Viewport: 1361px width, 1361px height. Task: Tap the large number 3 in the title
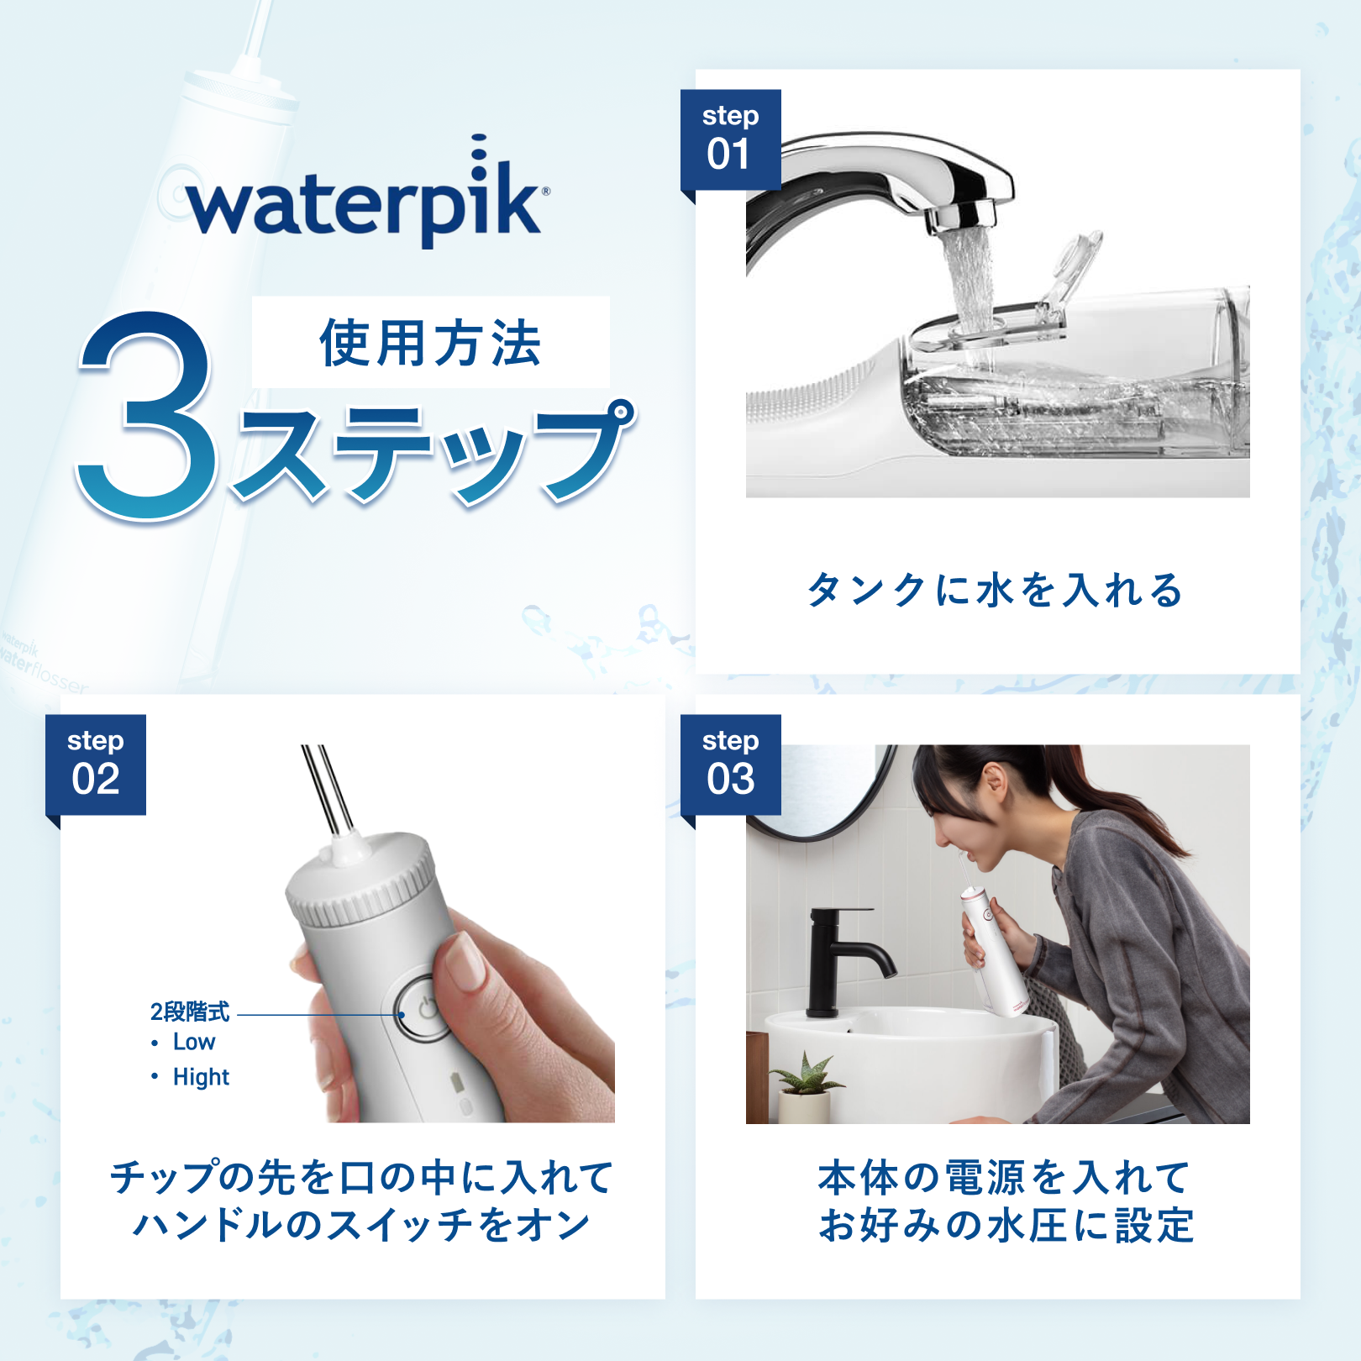(147, 416)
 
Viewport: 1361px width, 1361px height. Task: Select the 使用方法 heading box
(431, 342)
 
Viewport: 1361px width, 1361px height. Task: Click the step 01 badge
(730, 139)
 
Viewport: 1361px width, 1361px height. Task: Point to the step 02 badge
(95, 765)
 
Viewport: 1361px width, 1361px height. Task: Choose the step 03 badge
(730, 765)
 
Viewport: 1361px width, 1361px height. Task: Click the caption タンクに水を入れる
(996, 590)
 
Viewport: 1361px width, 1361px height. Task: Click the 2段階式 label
(190, 1012)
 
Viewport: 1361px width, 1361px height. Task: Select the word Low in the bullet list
(194, 1042)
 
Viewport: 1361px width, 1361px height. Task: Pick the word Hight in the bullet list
(201, 1077)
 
